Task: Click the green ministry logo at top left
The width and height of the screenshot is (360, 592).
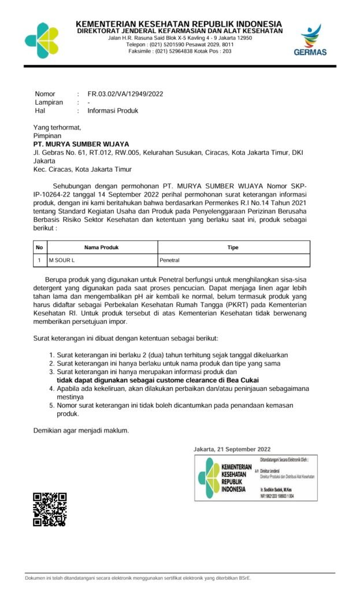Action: point(42,40)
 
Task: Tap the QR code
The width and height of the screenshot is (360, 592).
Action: point(50,509)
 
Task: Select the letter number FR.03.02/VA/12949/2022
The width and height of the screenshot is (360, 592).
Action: point(125,94)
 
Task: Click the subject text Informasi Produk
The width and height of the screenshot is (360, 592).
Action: point(113,110)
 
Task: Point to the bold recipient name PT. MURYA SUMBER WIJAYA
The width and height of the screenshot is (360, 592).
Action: point(81,144)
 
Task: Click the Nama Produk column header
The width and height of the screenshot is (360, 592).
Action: point(101,247)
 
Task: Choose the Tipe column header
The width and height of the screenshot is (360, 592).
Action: point(233,247)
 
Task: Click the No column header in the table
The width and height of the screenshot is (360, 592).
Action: point(39,247)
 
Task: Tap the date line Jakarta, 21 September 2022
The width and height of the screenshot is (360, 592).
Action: point(232,449)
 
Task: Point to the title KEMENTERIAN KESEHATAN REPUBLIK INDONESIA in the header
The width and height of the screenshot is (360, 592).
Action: point(179,23)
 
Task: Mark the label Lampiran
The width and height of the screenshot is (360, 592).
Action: point(49,102)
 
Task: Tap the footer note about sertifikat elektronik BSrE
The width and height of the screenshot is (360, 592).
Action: point(138,578)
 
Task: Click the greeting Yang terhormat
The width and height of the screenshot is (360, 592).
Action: point(57,127)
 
